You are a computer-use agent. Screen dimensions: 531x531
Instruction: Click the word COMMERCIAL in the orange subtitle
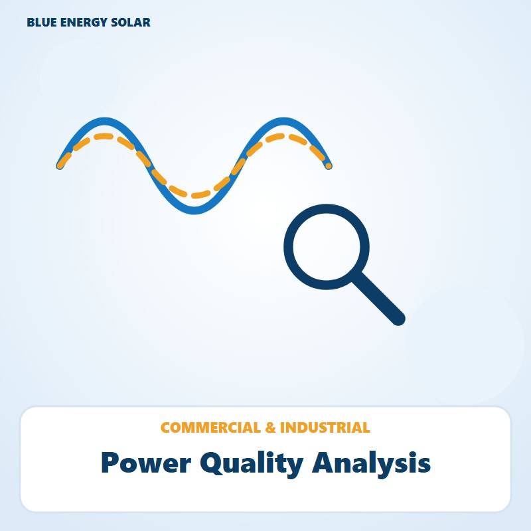(x=210, y=427)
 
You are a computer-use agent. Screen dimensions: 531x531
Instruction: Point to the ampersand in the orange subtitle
(x=271, y=427)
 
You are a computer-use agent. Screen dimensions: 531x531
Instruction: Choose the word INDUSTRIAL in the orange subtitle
(x=325, y=427)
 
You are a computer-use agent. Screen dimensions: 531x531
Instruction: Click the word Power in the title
(x=146, y=463)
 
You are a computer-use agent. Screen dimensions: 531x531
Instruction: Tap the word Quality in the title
(x=252, y=464)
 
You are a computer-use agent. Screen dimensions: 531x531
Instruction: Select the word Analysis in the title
(x=371, y=464)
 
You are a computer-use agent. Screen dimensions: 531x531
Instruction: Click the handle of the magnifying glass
(x=378, y=299)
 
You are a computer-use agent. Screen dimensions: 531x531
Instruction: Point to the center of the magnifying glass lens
(x=327, y=247)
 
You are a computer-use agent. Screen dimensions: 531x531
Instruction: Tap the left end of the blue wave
(x=60, y=166)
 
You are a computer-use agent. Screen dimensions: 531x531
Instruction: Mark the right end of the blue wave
(x=329, y=166)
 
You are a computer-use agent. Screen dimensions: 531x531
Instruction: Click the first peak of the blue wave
(x=105, y=121)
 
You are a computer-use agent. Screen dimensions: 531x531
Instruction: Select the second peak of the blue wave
(x=284, y=121)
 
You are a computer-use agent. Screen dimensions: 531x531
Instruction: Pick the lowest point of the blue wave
(x=194, y=210)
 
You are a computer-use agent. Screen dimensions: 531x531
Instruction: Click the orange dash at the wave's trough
(x=201, y=194)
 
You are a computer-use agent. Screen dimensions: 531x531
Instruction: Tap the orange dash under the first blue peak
(x=104, y=137)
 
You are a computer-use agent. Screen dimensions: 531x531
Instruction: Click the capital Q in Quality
(x=212, y=463)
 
